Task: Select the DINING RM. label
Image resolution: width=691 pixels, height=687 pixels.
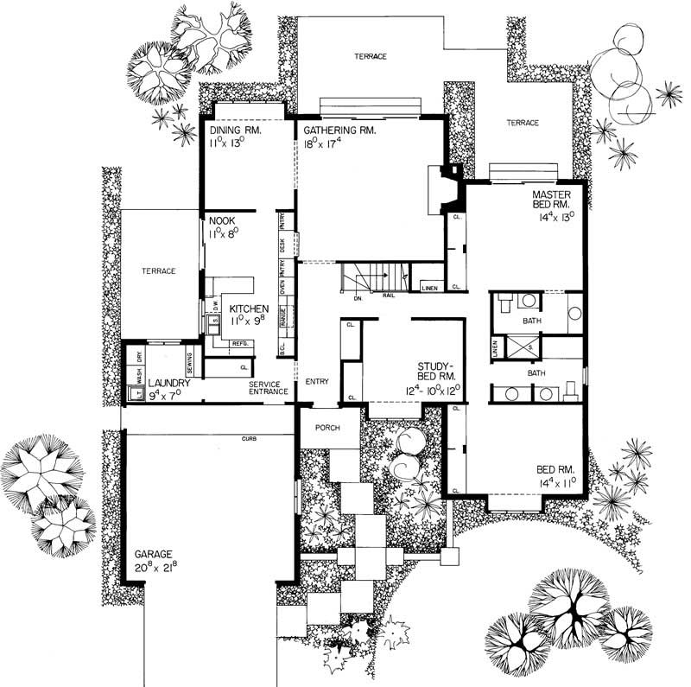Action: click(x=235, y=130)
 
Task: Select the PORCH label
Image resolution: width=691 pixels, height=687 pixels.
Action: click(x=326, y=429)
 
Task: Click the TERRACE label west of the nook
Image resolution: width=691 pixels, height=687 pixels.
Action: click(x=159, y=271)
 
